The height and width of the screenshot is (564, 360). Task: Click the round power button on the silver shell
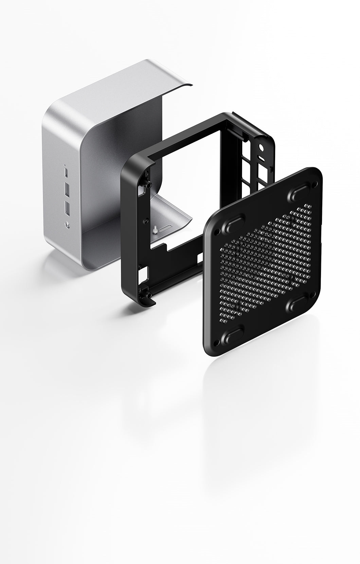(66, 224)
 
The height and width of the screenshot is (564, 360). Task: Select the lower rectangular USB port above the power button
(67, 208)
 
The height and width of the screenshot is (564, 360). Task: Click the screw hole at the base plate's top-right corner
(316, 184)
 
